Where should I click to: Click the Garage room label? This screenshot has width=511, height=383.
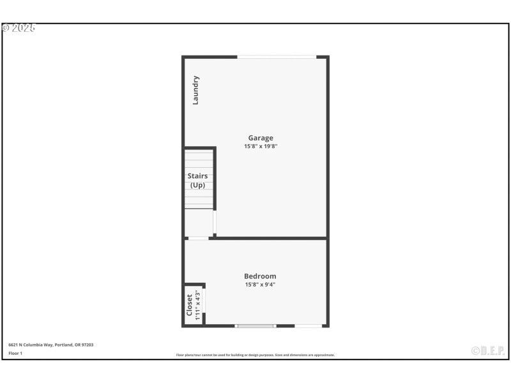point(261,138)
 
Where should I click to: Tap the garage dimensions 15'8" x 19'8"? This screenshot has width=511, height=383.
point(261,146)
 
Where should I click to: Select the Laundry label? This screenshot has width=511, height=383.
point(196,90)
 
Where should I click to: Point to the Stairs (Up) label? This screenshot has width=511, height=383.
point(197,180)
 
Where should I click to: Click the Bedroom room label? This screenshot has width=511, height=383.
point(260,276)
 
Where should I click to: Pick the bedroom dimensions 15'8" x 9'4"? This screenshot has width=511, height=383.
point(260,285)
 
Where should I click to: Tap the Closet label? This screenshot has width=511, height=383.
point(190,304)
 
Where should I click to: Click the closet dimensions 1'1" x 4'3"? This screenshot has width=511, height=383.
point(197,304)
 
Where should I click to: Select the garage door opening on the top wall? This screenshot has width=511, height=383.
point(277,57)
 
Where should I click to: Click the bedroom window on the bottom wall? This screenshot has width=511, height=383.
point(255,326)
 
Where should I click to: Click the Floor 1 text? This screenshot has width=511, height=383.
point(15,353)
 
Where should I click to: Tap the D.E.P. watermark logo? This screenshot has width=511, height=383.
point(488,350)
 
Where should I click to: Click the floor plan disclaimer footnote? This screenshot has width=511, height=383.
point(256,355)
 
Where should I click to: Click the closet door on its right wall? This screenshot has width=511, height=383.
point(204,301)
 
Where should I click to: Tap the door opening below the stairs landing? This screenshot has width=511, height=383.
point(199,238)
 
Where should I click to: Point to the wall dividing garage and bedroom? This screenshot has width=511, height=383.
point(268,238)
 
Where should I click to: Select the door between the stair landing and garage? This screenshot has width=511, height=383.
point(215,223)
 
